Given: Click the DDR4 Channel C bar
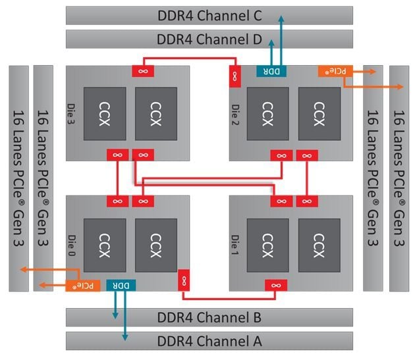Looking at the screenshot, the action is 209,16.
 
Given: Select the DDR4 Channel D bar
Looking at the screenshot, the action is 209,39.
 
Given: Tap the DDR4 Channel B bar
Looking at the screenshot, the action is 209,317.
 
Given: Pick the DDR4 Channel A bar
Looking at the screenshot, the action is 209,341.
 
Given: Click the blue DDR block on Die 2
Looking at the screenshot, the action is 271,71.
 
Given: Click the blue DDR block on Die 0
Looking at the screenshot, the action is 121,286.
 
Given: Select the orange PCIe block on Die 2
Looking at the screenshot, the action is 335,71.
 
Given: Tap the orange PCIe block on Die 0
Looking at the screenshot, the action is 83,286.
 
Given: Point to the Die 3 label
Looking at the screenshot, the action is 71,114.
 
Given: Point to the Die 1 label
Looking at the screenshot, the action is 235,245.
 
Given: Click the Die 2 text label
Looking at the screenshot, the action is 235,115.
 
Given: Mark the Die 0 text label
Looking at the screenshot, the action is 71,245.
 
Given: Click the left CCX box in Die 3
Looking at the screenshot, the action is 105,114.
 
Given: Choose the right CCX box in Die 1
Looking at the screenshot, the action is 319,245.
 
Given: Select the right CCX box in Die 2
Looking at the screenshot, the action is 319,114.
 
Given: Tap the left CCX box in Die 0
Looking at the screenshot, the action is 105,245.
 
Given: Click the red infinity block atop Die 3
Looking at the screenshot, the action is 143,71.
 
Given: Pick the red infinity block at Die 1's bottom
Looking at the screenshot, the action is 276,286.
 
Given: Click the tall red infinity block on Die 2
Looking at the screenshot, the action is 235,77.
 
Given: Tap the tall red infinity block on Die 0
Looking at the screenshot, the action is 184,280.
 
